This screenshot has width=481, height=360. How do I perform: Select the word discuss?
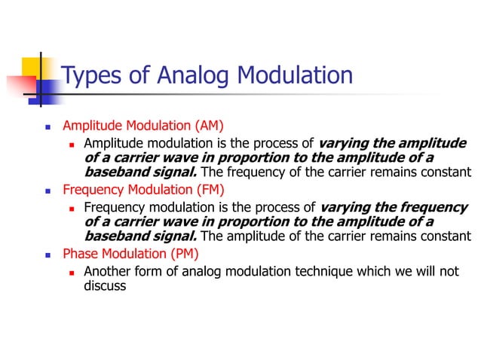(x=105, y=285)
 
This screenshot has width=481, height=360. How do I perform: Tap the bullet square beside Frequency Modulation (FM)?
(x=47, y=190)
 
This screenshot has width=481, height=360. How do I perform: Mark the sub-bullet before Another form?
(x=71, y=272)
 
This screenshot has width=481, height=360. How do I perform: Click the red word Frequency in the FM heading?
(x=94, y=189)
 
